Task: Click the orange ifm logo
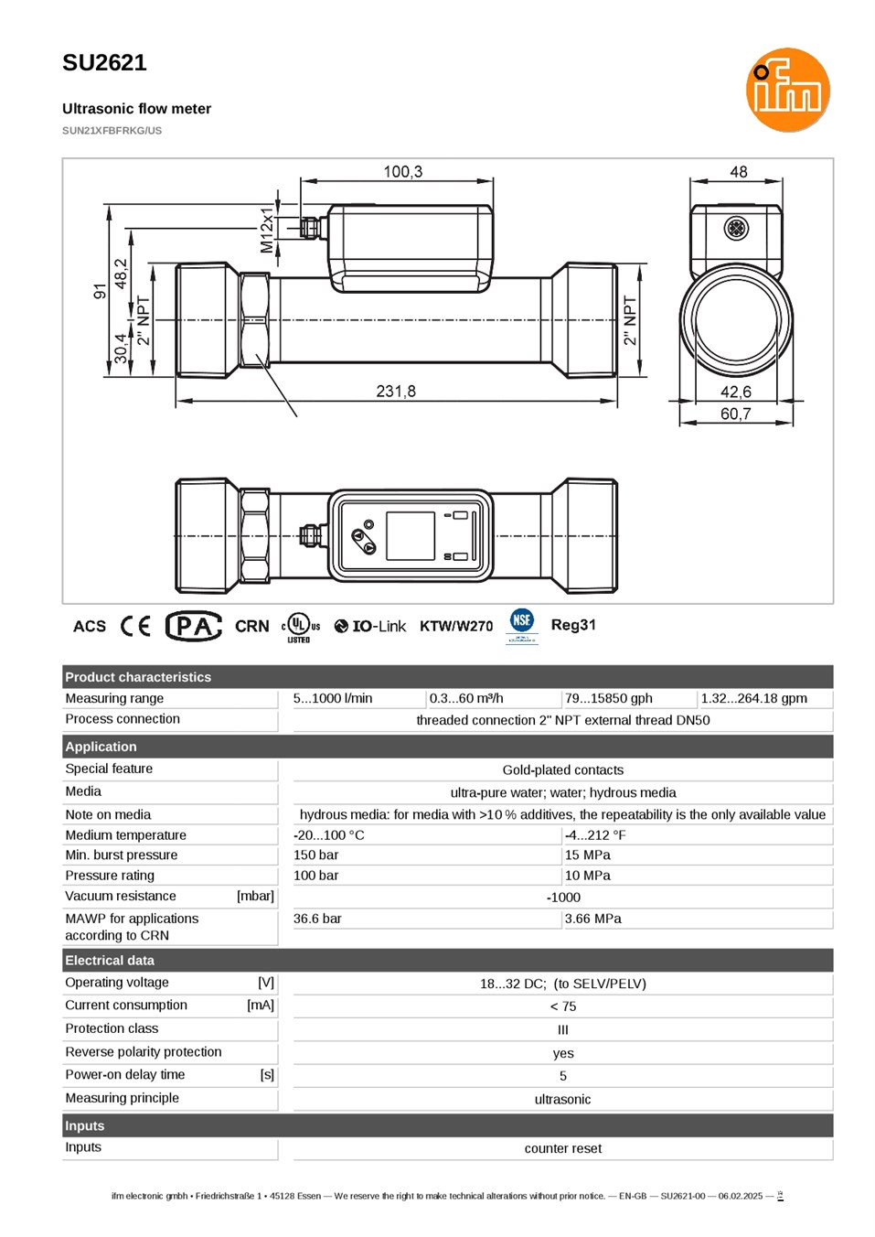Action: point(787,90)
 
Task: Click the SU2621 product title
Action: point(104,62)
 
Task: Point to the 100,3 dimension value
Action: point(402,172)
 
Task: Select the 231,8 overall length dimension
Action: point(396,391)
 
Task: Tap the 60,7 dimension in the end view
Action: point(735,413)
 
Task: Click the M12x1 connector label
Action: point(266,230)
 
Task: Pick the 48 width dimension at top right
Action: point(738,172)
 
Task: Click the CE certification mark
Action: point(135,626)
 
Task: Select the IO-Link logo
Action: point(369,626)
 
